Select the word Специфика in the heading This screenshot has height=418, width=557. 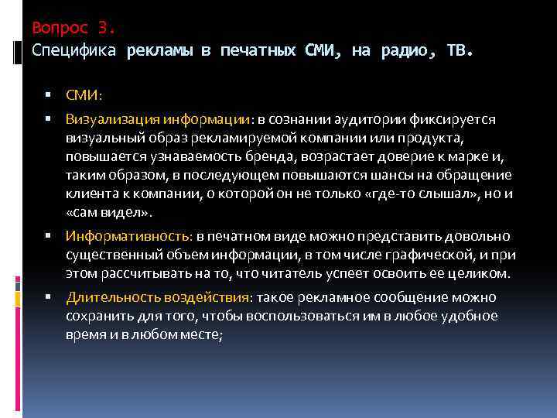point(74,51)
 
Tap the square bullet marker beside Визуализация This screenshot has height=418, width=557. point(48,118)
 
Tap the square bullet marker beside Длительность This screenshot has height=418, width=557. point(48,297)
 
